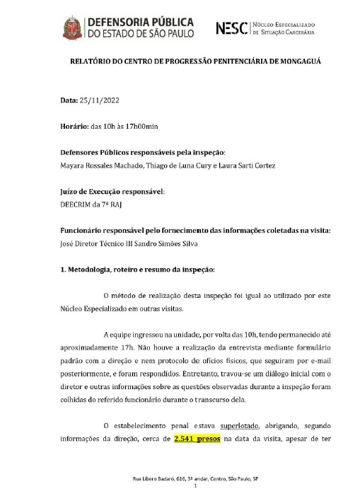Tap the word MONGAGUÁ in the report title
(x=291, y=62)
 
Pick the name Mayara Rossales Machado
(x=100, y=166)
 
